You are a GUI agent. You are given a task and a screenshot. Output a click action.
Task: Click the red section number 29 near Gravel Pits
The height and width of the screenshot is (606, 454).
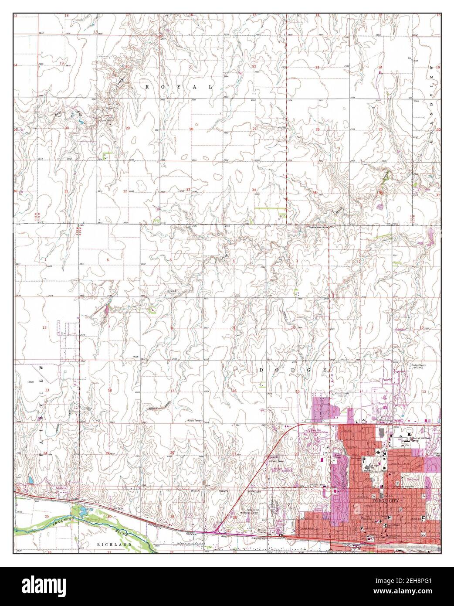pyautogui.click(x=128, y=128)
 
